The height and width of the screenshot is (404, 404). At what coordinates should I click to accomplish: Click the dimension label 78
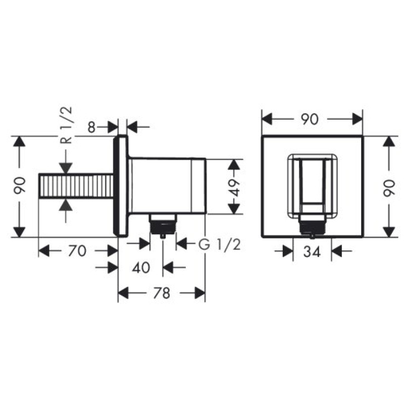[162, 292]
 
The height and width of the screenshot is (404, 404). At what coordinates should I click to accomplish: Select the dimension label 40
[141, 267]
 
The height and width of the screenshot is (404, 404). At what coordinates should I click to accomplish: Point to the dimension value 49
[232, 186]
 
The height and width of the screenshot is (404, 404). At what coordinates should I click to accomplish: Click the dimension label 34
[313, 251]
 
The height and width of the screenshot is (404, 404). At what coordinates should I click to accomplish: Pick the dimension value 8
[91, 127]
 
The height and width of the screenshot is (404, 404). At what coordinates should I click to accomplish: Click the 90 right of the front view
[388, 187]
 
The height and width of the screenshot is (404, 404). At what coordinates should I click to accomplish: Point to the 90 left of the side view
[19, 186]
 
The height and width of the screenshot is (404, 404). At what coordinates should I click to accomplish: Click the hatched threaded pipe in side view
[76, 187]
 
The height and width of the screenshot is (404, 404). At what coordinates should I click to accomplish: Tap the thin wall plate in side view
[122, 186]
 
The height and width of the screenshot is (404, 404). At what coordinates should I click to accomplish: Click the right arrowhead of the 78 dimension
[200, 292]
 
